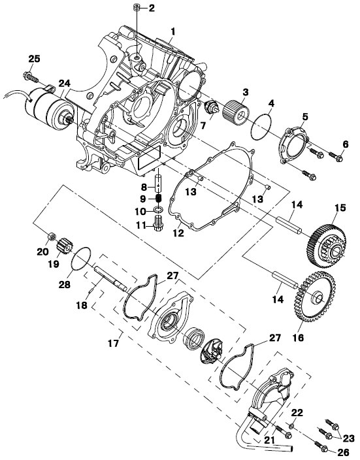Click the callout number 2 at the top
(x=152, y=8)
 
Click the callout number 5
(x=305, y=117)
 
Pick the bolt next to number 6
(x=335, y=156)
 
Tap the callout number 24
(x=64, y=84)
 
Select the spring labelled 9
(x=158, y=199)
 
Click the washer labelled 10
(x=158, y=210)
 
